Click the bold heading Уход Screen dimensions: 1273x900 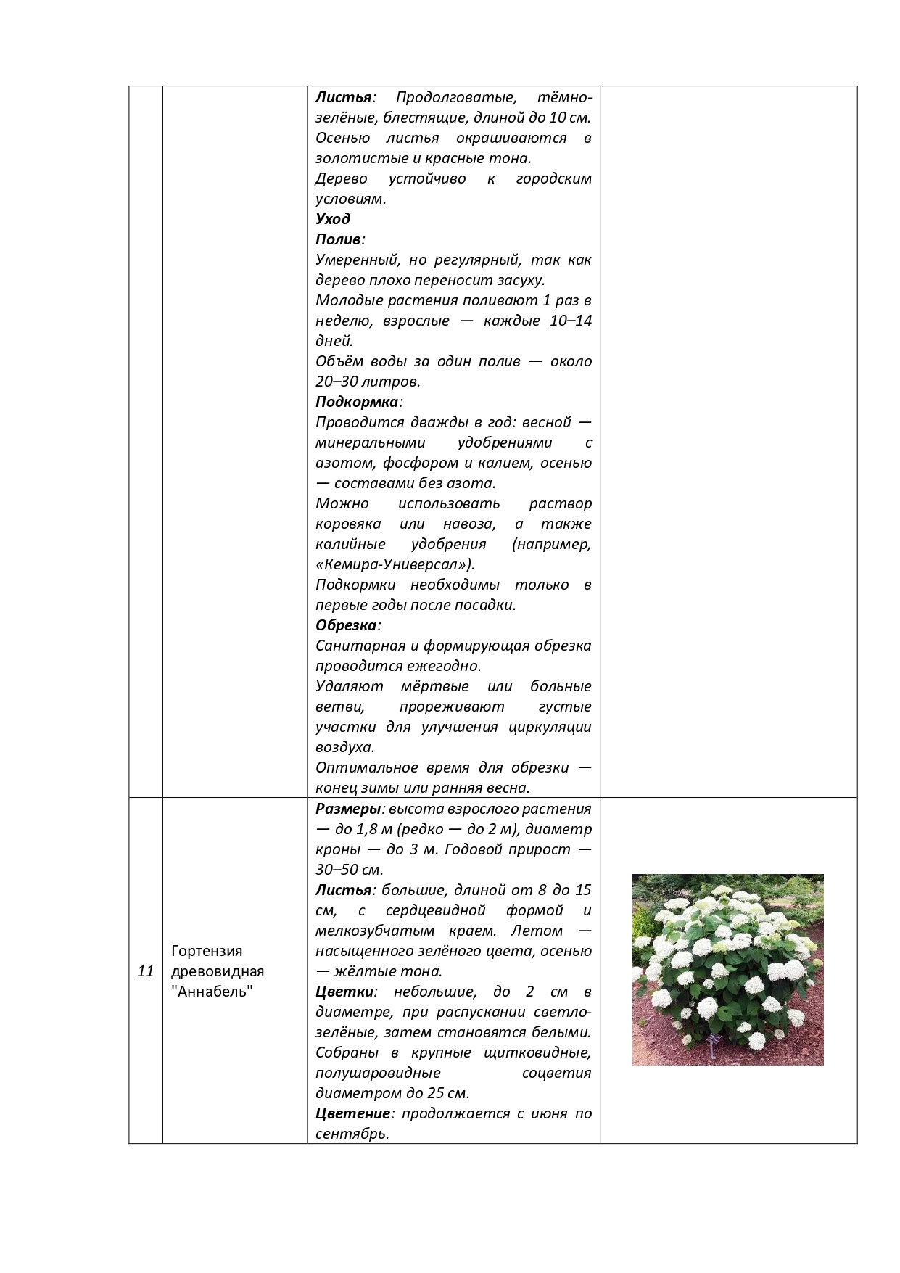pyautogui.click(x=333, y=219)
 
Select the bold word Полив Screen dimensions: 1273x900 pyautogui.click(x=338, y=239)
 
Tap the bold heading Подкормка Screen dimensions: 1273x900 pyautogui.click(x=357, y=402)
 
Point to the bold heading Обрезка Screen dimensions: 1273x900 pyautogui.click(x=346, y=625)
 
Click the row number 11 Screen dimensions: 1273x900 pyautogui.click(x=146, y=971)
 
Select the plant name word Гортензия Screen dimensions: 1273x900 pyautogui.click(x=207, y=951)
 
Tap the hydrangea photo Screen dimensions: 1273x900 pyautogui.click(x=727, y=969)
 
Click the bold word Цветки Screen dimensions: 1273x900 pyautogui.click(x=344, y=992)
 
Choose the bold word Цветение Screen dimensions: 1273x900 pyautogui.click(x=353, y=1113)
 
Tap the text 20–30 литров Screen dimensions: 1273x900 pyautogui.click(x=367, y=382)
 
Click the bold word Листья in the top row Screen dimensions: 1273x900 pyautogui.click(x=343, y=97)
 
